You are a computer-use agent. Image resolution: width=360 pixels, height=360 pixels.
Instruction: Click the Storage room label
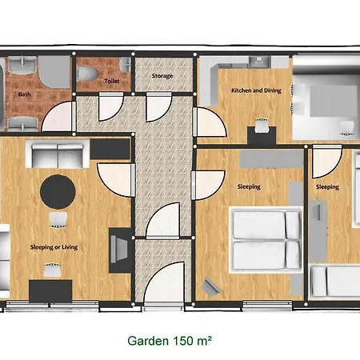162,76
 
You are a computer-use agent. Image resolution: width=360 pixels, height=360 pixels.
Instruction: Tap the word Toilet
112,81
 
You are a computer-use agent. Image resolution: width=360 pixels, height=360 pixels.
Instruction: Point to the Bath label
24,94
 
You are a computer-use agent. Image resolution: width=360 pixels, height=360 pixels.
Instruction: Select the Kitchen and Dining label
256,90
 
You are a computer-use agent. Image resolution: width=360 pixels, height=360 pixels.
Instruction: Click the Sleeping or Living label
54,247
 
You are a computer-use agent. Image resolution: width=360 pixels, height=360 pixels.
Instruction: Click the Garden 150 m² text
170,341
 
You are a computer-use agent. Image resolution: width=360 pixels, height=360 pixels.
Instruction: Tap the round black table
58,191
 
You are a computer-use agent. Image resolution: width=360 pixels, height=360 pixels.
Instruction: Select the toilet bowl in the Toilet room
86,74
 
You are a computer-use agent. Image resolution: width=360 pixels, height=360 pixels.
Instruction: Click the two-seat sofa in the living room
58,155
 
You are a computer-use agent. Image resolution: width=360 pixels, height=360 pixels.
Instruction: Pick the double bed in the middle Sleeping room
266,239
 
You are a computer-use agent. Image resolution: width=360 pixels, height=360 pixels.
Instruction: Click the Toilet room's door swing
111,107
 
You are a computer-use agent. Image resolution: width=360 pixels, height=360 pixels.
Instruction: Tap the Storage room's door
158,107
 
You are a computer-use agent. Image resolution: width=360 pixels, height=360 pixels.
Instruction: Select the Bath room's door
58,117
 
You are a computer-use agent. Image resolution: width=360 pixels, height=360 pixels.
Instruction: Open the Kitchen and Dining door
210,122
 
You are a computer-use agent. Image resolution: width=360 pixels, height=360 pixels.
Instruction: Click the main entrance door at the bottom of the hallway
165,283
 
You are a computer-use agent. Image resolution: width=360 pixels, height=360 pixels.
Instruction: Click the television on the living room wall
119,250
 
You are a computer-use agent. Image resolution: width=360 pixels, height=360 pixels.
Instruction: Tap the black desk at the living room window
50,291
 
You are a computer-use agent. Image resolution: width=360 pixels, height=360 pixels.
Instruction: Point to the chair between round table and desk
58,220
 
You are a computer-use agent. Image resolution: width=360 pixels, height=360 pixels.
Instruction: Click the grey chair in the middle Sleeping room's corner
211,286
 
